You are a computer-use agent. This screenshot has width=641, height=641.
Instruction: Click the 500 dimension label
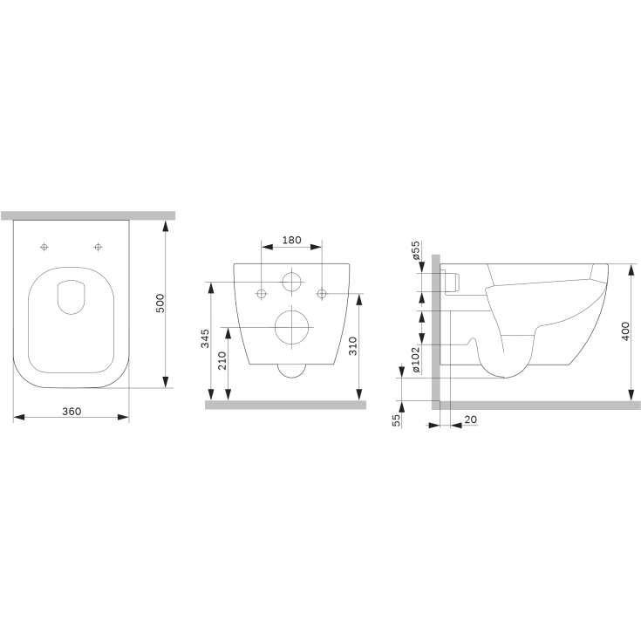coord(160,303)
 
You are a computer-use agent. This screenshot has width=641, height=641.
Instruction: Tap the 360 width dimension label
coord(72,412)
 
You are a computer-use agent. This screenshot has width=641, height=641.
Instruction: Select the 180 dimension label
coord(292,240)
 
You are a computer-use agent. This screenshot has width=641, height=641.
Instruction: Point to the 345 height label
coord(205,338)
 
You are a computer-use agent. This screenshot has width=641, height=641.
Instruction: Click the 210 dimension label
coord(222,360)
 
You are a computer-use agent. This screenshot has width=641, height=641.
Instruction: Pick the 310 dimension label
coord(353,346)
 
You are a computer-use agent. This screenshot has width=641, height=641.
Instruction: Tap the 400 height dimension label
coord(625,331)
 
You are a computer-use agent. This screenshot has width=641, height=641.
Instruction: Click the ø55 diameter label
coord(415,250)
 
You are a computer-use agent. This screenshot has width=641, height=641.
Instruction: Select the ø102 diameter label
coord(415,359)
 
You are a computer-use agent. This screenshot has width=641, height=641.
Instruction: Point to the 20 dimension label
coord(471,419)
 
